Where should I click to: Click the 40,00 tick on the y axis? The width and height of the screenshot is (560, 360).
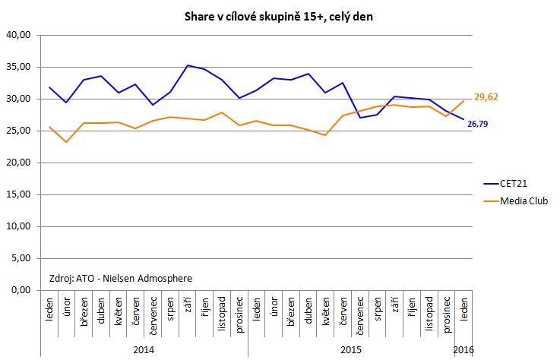(18, 35)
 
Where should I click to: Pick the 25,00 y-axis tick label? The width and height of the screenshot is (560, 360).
(18, 131)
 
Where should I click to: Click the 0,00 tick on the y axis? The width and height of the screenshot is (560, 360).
(21, 290)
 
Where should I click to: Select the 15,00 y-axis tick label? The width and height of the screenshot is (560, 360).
(18, 194)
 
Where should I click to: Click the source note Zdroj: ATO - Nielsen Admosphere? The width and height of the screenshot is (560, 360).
(120, 278)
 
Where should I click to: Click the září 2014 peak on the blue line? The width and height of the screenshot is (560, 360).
(188, 65)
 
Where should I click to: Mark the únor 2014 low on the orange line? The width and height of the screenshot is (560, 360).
(67, 142)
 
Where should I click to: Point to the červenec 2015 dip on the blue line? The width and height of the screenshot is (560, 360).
(360, 118)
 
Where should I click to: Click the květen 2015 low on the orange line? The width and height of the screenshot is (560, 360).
(325, 135)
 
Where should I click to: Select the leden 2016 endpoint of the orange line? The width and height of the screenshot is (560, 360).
(463, 101)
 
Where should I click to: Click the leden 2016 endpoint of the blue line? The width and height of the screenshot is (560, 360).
(463, 119)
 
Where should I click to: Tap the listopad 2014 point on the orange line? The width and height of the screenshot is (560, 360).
(222, 112)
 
